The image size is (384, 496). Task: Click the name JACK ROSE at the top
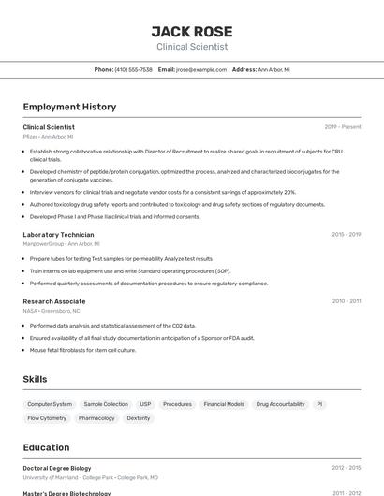point(191,31)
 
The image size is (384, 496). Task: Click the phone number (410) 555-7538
point(133,69)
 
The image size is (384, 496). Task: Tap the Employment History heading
point(69,107)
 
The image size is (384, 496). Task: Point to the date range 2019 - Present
point(343,126)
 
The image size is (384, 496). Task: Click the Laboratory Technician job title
point(58,235)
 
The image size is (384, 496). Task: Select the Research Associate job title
point(54,301)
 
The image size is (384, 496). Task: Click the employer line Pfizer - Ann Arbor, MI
point(48,137)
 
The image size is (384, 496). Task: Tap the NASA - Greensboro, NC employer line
point(52,311)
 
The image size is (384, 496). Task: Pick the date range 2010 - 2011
point(347,301)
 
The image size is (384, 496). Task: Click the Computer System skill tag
point(50,404)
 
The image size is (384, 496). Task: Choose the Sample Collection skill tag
point(106,404)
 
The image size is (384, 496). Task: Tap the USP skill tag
point(145,404)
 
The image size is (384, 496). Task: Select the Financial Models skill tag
point(224,404)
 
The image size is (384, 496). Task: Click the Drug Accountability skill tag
point(280,404)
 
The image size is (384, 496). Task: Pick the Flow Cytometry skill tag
point(47,418)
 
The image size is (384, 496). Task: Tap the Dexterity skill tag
point(139,418)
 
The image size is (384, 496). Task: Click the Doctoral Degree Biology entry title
point(57,467)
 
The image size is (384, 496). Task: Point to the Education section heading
point(46,447)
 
